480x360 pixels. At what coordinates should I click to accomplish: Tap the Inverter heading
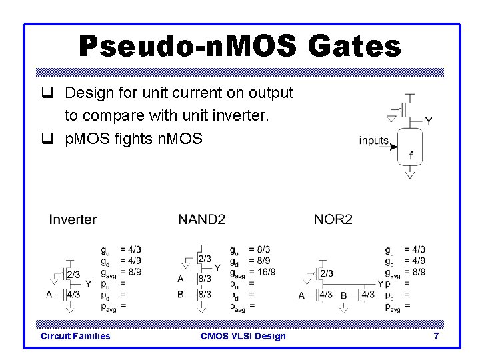pyautogui.click(x=73, y=219)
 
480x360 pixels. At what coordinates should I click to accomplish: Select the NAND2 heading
pyautogui.click(x=201, y=219)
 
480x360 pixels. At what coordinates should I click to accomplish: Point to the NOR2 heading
pyautogui.click(x=333, y=219)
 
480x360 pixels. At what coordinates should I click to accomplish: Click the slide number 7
pyautogui.click(x=436, y=336)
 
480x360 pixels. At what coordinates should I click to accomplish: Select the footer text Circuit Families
pyautogui.click(x=75, y=336)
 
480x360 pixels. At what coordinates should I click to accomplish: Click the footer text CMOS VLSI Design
pyautogui.click(x=243, y=336)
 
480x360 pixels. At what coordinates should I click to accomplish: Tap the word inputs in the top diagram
pyautogui.click(x=374, y=140)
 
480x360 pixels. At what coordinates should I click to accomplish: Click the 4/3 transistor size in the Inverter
pyautogui.click(x=74, y=294)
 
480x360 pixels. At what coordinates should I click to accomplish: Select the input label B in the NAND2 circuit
pyautogui.click(x=180, y=294)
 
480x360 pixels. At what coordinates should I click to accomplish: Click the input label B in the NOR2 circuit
pyautogui.click(x=344, y=295)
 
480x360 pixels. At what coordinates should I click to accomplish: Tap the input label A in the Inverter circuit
pyautogui.click(x=49, y=294)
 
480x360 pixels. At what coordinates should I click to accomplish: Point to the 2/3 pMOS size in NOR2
pyautogui.click(x=327, y=273)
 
